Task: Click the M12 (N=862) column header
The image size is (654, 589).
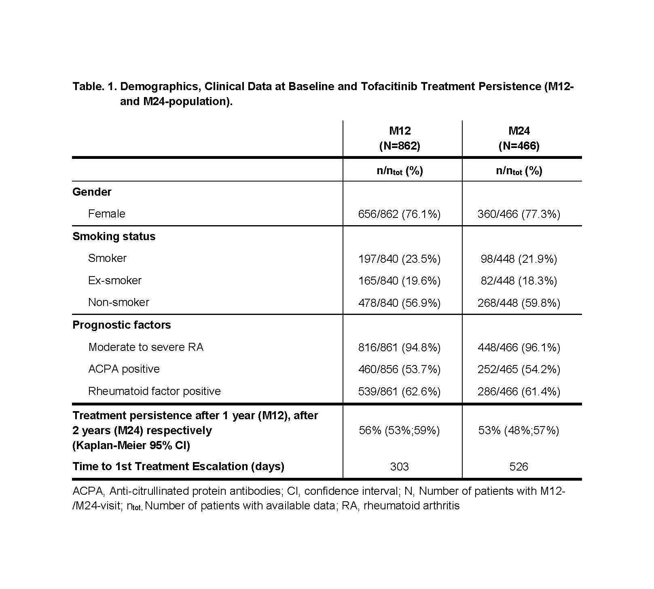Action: (x=400, y=138)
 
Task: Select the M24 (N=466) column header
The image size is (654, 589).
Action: (x=519, y=138)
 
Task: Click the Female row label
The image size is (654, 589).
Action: (x=107, y=213)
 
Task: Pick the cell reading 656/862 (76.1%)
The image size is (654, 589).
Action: (x=399, y=214)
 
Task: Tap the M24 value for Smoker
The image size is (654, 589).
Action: (x=519, y=259)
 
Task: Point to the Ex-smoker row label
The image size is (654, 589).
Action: (x=115, y=280)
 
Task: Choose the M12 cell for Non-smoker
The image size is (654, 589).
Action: (x=399, y=303)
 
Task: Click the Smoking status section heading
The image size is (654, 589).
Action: (x=114, y=236)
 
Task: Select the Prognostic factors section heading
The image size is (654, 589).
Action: (x=121, y=325)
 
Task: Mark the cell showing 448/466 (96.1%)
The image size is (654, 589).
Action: (x=519, y=347)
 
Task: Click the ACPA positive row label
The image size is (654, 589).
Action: (x=124, y=369)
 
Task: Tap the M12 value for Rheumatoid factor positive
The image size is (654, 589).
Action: (x=399, y=391)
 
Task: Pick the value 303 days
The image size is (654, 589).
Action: (x=399, y=467)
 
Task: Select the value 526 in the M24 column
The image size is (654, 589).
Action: (x=519, y=467)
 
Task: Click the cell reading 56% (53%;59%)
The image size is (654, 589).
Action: (x=399, y=430)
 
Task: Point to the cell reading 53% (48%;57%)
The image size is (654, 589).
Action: (x=519, y=430)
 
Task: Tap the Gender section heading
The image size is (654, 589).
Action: (x=92, y=192)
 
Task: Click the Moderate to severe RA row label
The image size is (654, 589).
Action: (x=146, y=347)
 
